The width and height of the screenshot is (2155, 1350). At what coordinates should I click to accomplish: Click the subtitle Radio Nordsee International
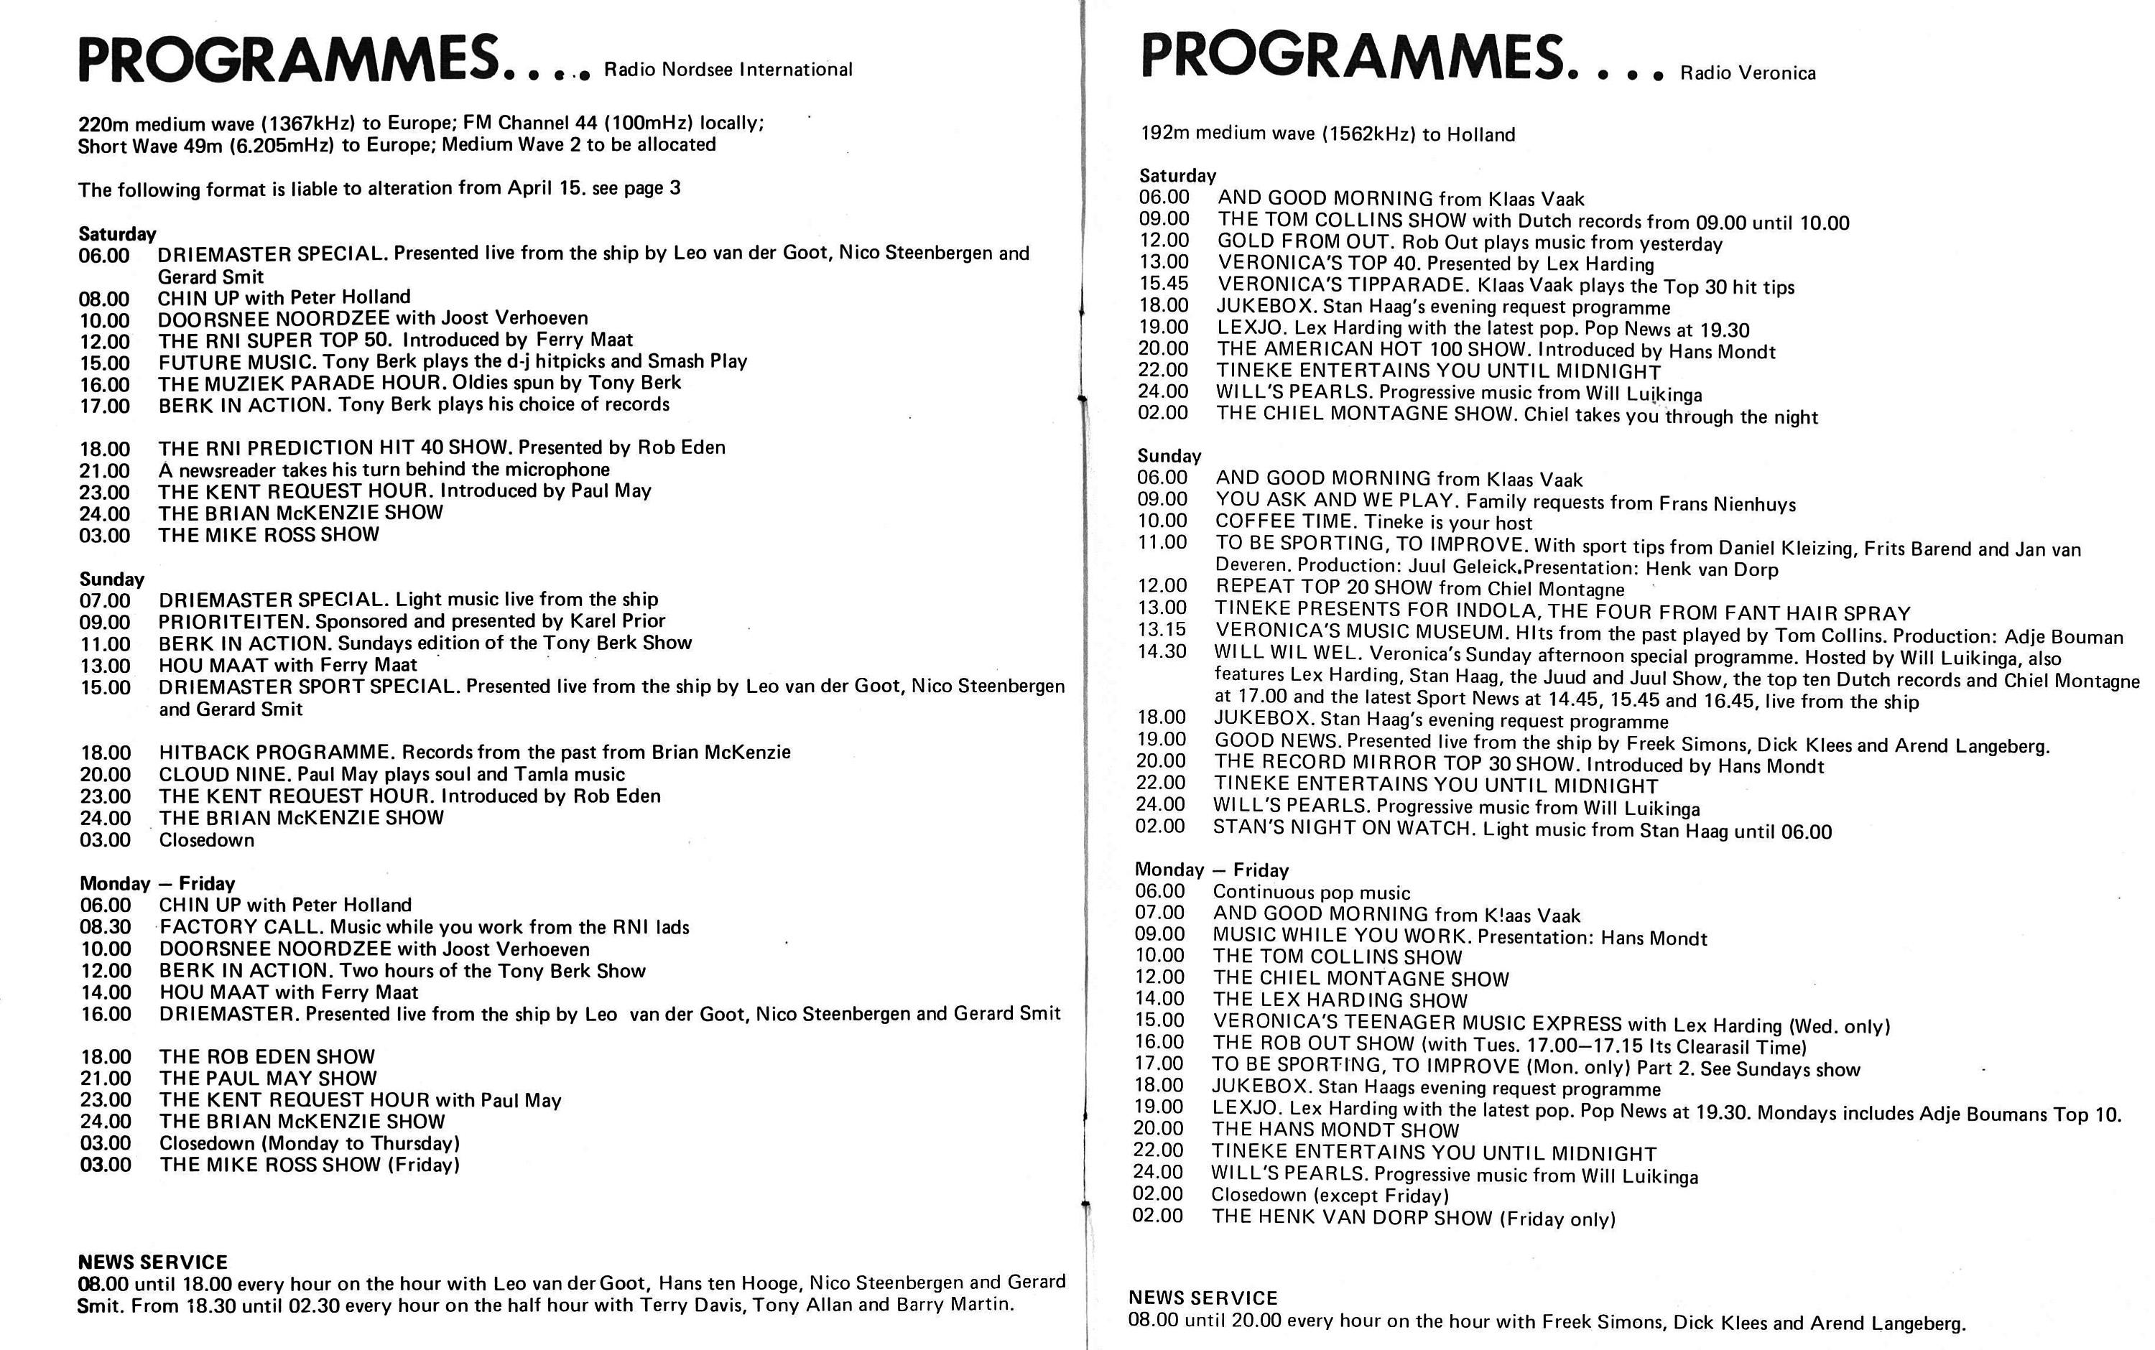[728, 70]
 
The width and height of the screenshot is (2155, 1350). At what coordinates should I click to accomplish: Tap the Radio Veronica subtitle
[1748, 73]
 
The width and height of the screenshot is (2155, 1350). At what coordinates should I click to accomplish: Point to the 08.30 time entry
[106, 928]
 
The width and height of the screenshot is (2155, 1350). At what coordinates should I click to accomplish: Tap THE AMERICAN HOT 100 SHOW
[1373, 350]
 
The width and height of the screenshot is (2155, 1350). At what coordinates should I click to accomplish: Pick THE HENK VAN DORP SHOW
[1351, 1218]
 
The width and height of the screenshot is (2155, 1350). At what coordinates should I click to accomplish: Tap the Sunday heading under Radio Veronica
[1169, 456]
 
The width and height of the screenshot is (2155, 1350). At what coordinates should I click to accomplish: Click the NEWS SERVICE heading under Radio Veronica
[1203, 1298]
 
